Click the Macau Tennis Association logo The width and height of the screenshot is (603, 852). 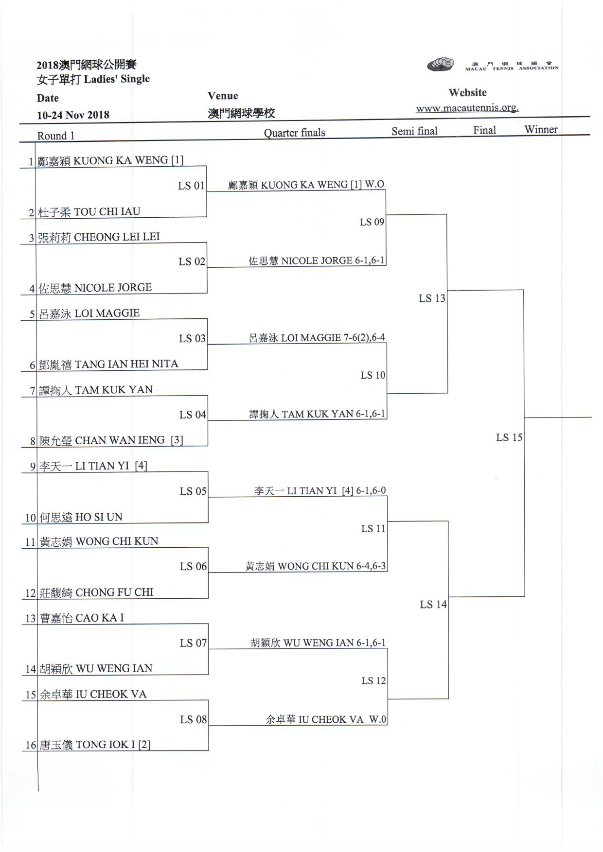click(441, 65)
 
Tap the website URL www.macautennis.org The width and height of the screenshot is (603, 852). click(467, 108)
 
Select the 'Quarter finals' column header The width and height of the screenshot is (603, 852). click(294, 133)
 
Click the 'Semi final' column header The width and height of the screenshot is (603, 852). click(414, 131)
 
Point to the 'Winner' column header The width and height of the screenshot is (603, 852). click(541, 129)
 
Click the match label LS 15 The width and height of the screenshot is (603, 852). click(509, 437)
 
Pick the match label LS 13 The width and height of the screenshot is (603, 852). click(432, 298)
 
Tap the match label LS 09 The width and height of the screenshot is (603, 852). click(372, 222)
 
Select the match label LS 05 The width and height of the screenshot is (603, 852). click(193, 491)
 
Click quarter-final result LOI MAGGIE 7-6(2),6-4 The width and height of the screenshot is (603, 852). click(317, 338)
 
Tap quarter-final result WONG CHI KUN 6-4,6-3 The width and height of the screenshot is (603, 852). click(316, 566)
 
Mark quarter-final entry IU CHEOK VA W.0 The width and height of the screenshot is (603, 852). click(326, 719)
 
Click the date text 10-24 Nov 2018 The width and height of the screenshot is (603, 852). click(73, 115)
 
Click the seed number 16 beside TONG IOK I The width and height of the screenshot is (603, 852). click(31, 745)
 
